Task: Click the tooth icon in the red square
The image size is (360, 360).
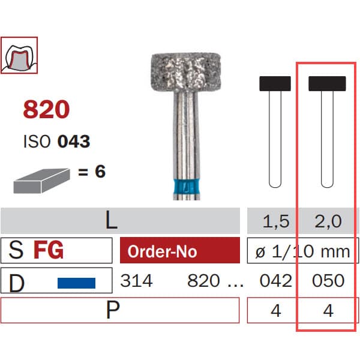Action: [19, 55]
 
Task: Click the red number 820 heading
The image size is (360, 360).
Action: [46, 110]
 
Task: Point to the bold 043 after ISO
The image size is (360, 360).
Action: [74, 142]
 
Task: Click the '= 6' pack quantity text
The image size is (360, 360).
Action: [91, 172]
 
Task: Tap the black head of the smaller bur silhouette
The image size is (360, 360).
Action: [275, 83]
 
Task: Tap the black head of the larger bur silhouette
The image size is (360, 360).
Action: [327, 83]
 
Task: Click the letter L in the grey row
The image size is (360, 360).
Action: [112, 221]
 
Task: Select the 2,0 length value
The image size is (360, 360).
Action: [328, 222]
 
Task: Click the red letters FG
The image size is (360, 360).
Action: [49, 250]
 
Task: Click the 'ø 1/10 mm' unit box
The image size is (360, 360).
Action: [302, 251]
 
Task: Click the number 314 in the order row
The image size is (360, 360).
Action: [137, 281]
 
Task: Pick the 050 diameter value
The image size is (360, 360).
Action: [328, 281]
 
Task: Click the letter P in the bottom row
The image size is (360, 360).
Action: [111, 310]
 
